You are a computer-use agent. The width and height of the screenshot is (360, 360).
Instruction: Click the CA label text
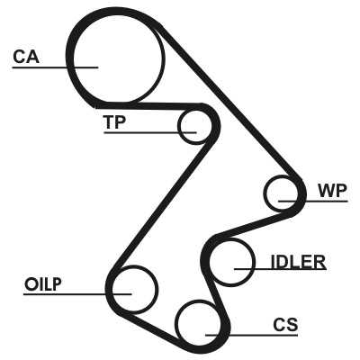26,57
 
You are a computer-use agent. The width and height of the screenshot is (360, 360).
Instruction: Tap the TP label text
114,121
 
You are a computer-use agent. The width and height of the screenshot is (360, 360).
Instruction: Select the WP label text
332,190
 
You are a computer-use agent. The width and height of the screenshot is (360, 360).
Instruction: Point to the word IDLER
298,262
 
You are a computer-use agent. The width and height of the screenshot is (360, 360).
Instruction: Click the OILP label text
43,284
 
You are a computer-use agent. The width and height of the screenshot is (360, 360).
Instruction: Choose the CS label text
285,324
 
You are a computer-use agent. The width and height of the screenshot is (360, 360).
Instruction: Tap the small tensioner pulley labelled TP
179,127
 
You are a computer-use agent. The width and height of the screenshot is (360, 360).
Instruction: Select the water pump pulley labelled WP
265,193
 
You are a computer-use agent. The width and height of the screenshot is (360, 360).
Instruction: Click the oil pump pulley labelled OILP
157,289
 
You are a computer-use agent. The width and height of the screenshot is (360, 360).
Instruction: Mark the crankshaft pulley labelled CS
177,323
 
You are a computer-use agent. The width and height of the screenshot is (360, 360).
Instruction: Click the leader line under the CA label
55,67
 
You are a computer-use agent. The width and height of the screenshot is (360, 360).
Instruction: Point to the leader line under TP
150,132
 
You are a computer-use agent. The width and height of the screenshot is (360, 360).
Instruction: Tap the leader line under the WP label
313,201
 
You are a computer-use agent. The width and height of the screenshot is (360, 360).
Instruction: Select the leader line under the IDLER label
280,269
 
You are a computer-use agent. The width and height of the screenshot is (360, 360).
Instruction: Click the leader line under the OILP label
77,294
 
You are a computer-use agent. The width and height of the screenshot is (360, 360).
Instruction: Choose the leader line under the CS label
251,335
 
